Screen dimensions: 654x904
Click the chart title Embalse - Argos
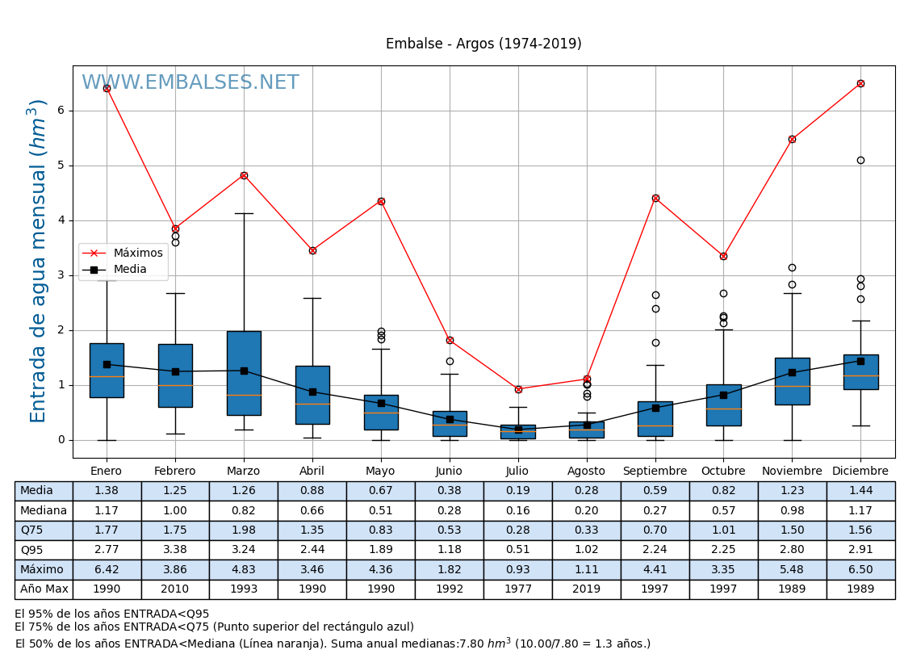click(483, 44)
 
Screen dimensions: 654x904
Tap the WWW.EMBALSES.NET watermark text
click(190, 83)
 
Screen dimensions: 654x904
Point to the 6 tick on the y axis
click(60, 111)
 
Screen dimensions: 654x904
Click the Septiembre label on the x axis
click(655, 472)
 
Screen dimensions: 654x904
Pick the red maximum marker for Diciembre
click(860, 83)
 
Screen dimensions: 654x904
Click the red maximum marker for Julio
click(518, 389)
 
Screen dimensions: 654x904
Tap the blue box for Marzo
click(244, 373)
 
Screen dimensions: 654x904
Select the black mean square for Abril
click(312, 392)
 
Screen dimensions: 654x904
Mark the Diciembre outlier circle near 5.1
click(860, 160)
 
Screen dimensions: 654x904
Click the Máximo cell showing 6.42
click(107, 569)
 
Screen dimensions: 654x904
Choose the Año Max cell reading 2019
click(586, 589)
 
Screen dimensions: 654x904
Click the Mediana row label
click(44, 510)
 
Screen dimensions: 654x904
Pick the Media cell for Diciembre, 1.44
click(860, 491)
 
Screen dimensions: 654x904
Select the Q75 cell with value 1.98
click(243, 530)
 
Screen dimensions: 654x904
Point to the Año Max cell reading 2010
click(175, 589)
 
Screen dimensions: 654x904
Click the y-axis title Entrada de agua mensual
click(39, 260)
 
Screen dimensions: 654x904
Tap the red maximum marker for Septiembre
click(655, 198)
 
